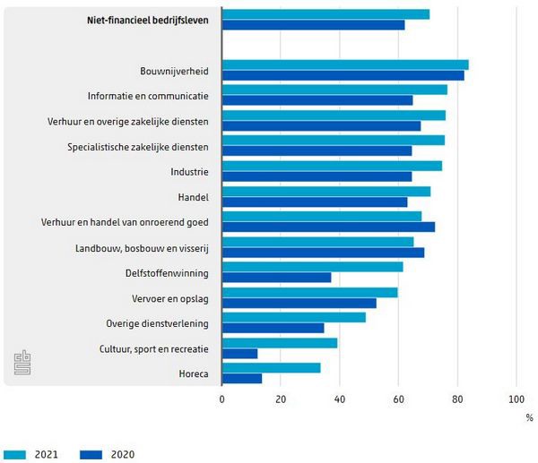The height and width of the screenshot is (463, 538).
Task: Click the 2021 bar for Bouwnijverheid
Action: pos(345,64)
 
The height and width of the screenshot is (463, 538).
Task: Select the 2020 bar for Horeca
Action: pos(242,379)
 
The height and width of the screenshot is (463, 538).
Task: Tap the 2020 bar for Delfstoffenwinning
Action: pos(276,278)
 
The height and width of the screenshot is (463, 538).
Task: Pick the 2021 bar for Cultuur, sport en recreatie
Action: pos(280,343)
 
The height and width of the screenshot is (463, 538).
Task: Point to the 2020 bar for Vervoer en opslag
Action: pos(299,303)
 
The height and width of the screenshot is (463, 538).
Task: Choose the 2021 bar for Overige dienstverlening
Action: pos(294,317)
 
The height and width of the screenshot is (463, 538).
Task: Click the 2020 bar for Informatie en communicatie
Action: pos(317,100)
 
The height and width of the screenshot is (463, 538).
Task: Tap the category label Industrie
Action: pos(189,171)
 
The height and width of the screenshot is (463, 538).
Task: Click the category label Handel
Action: pos(194,196)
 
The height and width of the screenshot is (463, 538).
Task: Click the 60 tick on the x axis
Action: pos(399,400)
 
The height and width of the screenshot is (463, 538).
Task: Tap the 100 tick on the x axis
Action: pos(516,400)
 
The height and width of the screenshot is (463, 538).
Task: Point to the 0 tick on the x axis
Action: pos(222,400)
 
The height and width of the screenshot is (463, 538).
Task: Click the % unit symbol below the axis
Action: pos(529,417)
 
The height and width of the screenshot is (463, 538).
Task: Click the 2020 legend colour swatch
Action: pos(92,454)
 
